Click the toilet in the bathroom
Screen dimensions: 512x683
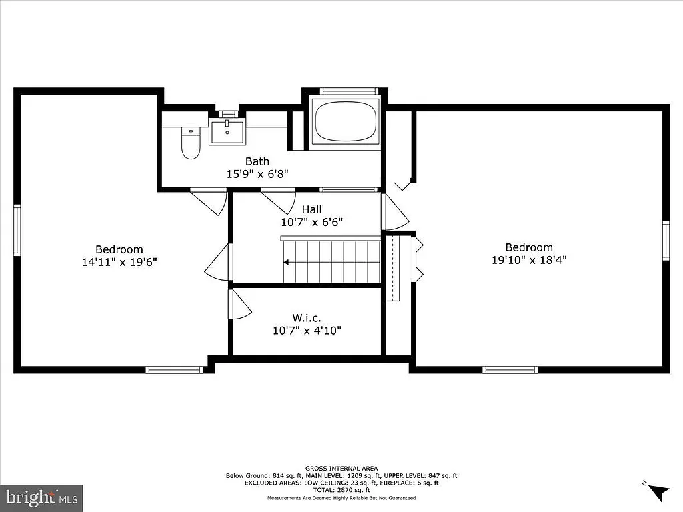click(191, 144)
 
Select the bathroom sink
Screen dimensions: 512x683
click(227, 131)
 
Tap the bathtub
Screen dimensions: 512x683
click(345, 119)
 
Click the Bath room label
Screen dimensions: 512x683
click(257, 161)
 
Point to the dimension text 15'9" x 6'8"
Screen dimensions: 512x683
click(257, 173)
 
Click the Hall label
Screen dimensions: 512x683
click(311, 210)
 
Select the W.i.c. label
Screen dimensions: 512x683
click(307, 317)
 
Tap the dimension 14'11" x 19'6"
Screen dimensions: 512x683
click(119, 262)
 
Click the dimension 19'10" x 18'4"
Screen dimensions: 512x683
click(528, 259)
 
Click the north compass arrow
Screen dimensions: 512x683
click(658, 491)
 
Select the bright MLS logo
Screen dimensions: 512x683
click(41, 497)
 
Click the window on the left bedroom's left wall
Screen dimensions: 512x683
click(17, 230)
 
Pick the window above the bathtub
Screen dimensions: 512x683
click(349, 91)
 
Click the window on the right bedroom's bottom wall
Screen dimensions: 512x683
click(510, 369)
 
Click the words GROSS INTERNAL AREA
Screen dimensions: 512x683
click(341, 469)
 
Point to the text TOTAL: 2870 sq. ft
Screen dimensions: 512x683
click(341, 489)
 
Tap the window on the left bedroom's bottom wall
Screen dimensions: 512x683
click(174, 369)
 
